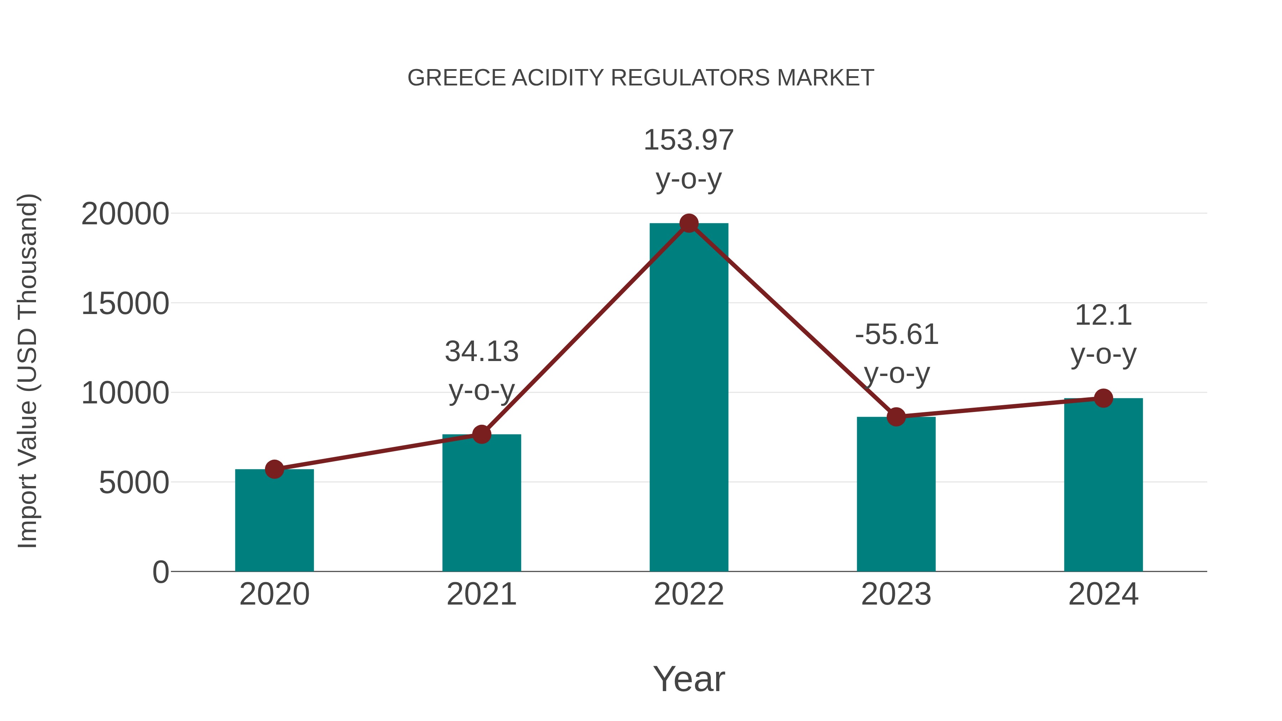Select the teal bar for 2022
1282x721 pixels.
point(689,398)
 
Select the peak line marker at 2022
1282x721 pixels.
point(689,223)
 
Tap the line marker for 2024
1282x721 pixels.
point(1103,398)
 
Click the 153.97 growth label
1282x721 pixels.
point(689,140)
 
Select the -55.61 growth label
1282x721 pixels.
point(897,334)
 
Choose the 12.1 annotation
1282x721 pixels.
point(1103,315)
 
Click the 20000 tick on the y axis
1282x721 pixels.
point(125,214)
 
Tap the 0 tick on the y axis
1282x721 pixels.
point(161,572)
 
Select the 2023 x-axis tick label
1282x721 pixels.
point(896,594)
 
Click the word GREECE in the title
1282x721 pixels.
point(457,78)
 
